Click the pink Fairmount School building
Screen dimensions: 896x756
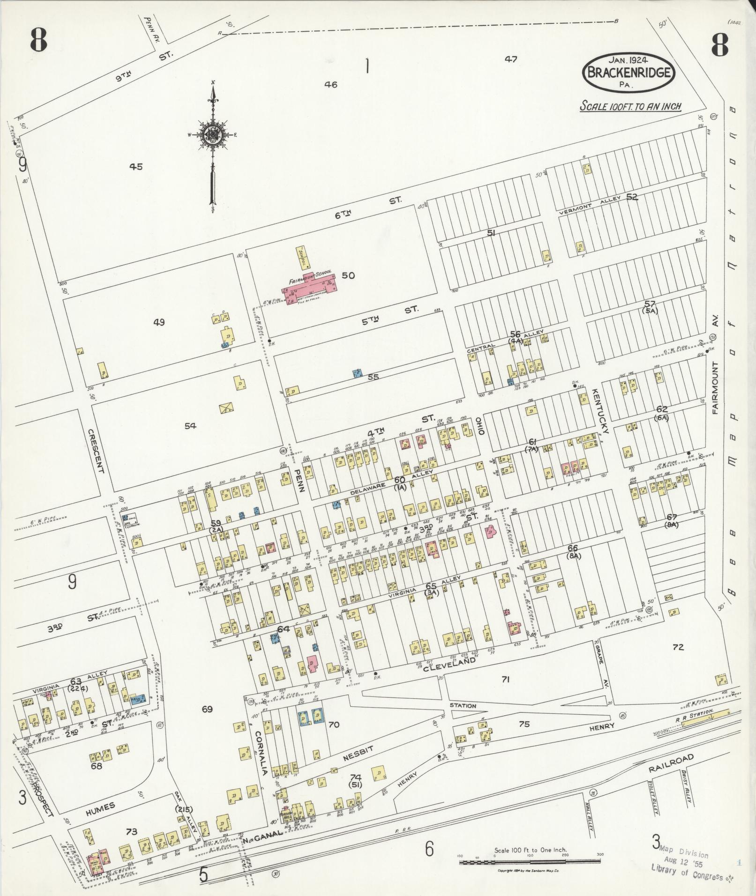pos(310,290)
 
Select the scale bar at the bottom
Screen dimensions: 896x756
pos(530,861)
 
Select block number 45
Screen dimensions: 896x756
pos(136,167)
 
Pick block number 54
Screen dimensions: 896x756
pos(190,426)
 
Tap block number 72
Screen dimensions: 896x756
pos(678,647)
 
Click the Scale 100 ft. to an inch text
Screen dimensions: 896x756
pos(630,106)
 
